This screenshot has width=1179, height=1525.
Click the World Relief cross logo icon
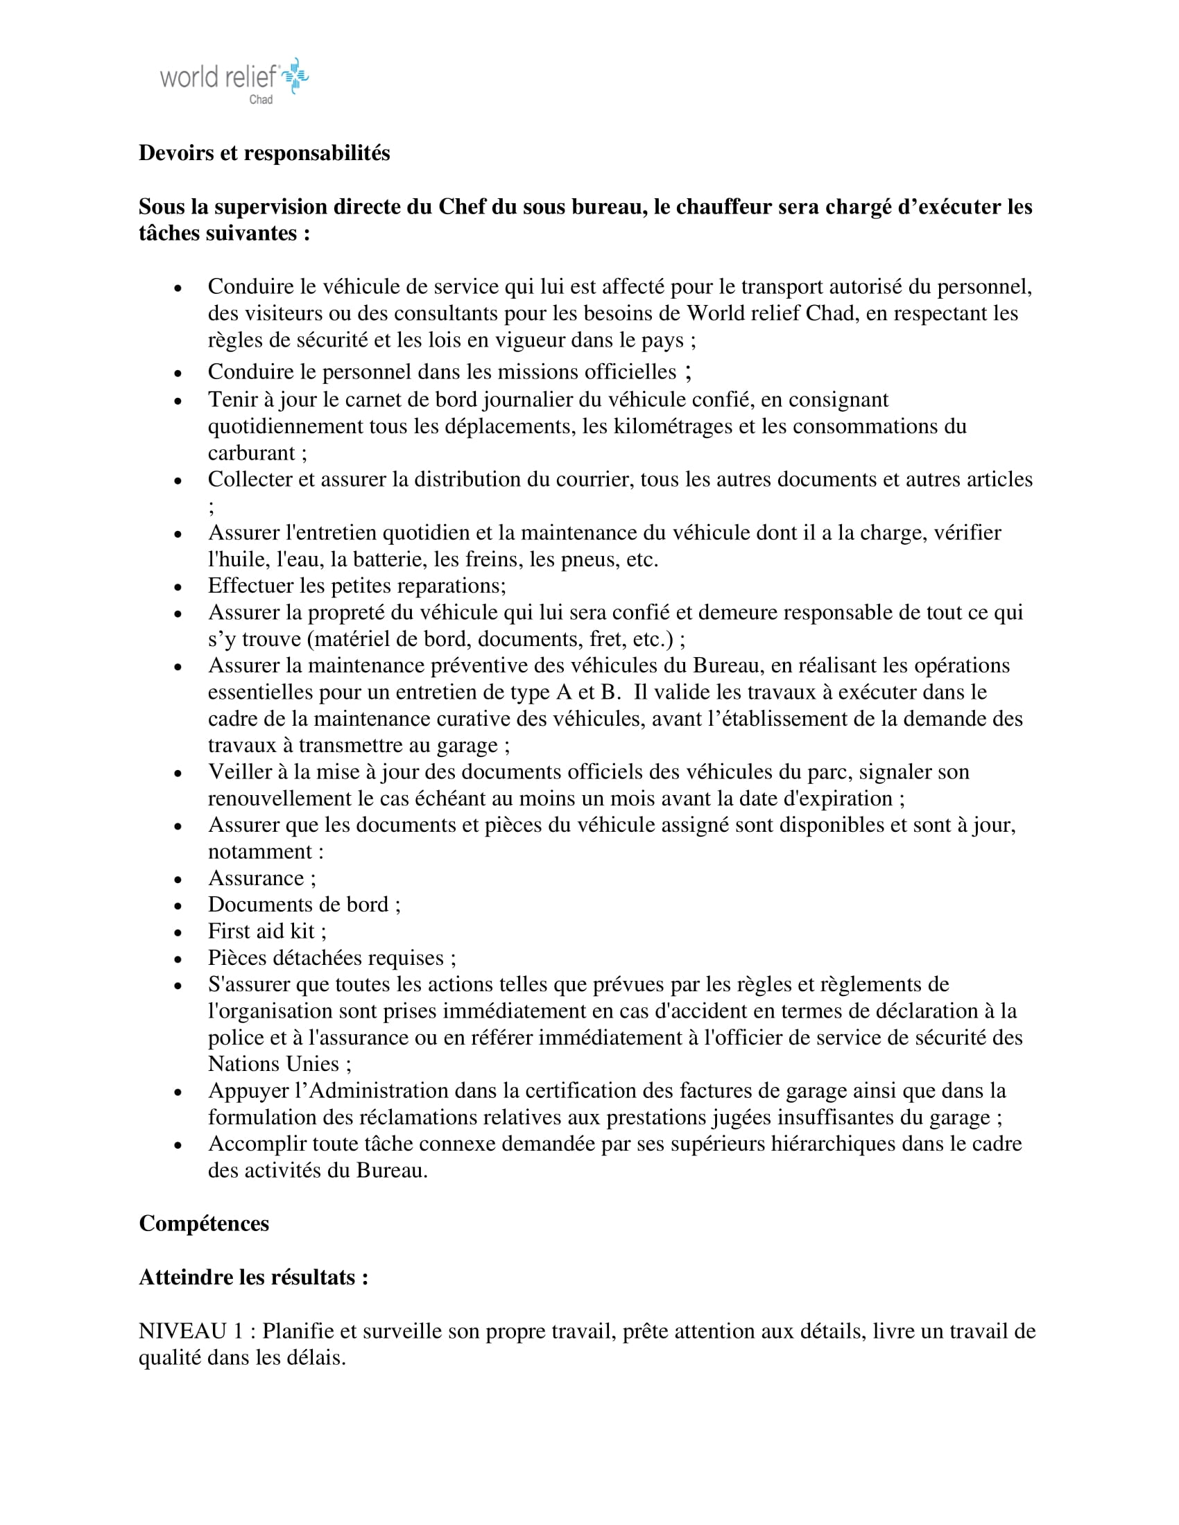296,76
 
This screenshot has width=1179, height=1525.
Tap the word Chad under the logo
261,100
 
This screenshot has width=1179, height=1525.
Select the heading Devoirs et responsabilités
264,153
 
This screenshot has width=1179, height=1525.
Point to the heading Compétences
204,1223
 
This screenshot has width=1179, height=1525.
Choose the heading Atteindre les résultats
254,1277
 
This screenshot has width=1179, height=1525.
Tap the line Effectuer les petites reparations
356,586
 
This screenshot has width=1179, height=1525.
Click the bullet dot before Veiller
178,774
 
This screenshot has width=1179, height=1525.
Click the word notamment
260,852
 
